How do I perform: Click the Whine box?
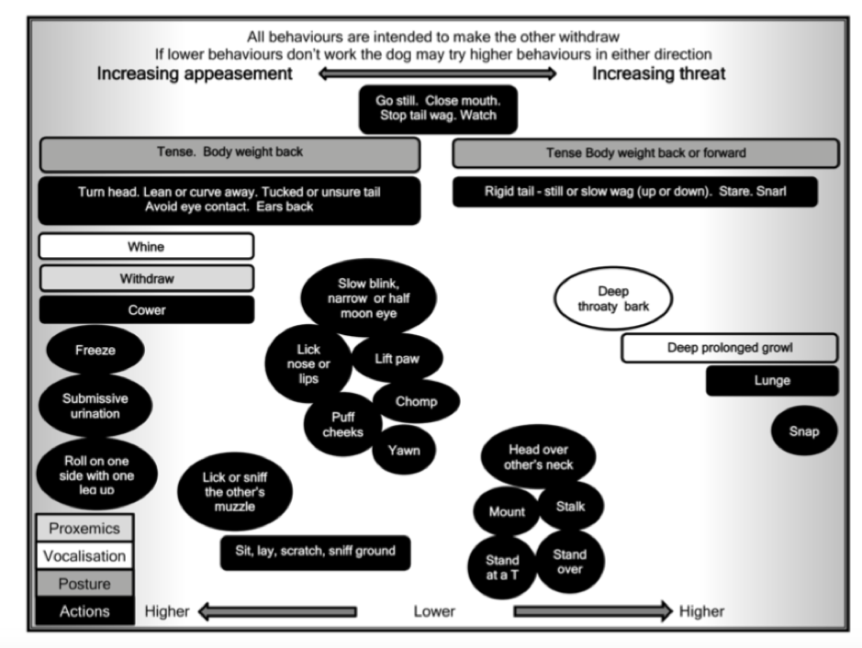146,246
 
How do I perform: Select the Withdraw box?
146,278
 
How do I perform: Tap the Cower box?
146,310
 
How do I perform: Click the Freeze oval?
95,350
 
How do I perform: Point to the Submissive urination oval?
95,406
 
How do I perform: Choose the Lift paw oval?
397,358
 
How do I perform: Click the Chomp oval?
416,401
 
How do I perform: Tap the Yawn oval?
404,450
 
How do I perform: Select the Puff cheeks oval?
342,424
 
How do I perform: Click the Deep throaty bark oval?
613,298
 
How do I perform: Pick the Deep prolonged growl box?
730,348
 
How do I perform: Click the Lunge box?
772,380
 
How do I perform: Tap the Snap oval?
804,430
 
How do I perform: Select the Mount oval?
507,511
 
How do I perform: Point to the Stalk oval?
571,507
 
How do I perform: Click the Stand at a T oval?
502,567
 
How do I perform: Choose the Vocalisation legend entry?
84,555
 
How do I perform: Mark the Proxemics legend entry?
84,528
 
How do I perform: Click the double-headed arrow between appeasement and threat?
438,73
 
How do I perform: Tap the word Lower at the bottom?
434,611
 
